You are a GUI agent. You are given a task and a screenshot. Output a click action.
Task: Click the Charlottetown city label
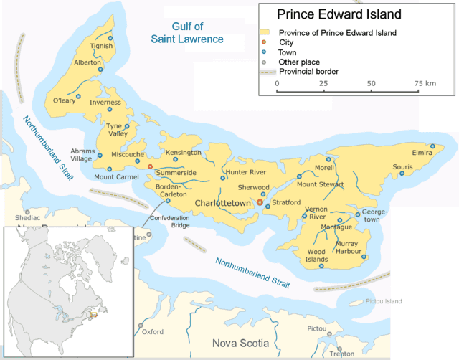click(224, 203)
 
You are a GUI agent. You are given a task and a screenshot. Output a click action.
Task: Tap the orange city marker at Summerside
click(150, 166)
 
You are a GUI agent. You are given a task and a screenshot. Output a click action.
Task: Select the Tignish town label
click(102, 47)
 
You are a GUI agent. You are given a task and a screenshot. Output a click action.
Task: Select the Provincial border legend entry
click(318, 72)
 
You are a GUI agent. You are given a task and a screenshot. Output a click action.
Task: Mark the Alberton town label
click(87, 62)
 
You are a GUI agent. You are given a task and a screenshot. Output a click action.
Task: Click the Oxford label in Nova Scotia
click(153, 332)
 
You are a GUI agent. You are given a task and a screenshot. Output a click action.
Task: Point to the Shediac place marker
click(27, 212)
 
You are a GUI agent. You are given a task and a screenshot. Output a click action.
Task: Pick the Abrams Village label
click(80, 155)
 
